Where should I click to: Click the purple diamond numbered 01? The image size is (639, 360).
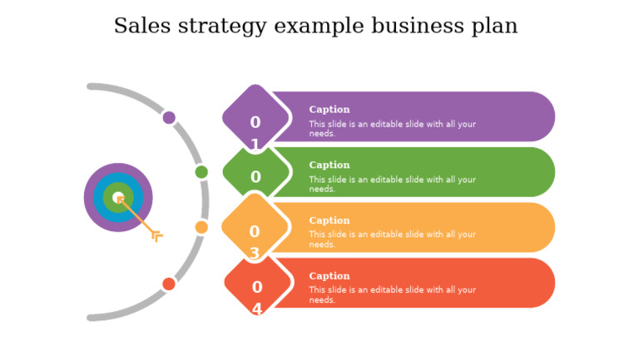pyautogui.click(x=255, y=118)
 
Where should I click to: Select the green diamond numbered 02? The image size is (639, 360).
pyautogui.click(x=255, y=173)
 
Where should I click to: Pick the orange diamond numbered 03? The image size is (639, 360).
pyautogui.click(x=255, y=227)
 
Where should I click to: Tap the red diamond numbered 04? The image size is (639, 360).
pyautogui.click(x=257, y=284)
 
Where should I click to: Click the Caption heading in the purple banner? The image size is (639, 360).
pyautogui.click(x=329, y=110)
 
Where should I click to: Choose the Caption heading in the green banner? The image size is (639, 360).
pyautogui.click(x=329, y=165)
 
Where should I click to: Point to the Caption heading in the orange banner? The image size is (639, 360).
pyautogui.click(x=329, y=221)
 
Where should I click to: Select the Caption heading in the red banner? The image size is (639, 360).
pyautogui.click(x=329, y=276)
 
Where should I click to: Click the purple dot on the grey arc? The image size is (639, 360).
pyautogui.click(x=169, y=117)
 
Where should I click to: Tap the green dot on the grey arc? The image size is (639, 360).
pyautogui.click(x=201, y=172)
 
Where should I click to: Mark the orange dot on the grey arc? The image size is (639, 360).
pyautogui.click(x=201, y=227)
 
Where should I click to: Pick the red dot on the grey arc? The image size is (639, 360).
pyautogui.click(x=169, y=284)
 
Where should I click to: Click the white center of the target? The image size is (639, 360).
pyautogui.click(x=118, y=197)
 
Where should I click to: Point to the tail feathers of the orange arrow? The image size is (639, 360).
pyautogui.click(x=156, y=236)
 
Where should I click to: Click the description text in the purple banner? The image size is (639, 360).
pyautogui.click(x=392, y=128)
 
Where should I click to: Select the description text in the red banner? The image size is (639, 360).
pyautogui.click(x=392, y=294)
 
